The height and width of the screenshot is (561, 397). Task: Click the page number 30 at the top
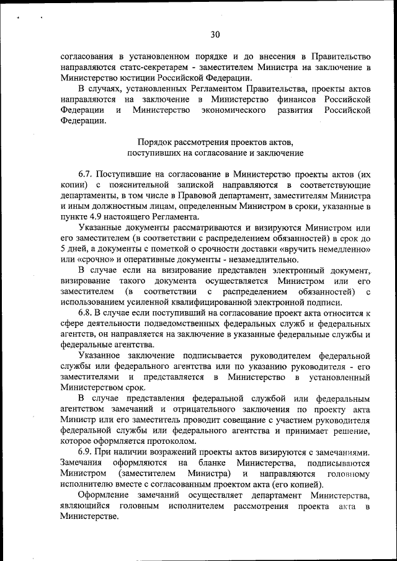pyautogui.click(x=215, y=34)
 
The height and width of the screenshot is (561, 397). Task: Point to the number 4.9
pyautogui.click(x=92, y=217)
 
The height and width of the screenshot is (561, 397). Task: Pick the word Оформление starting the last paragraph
pyautogui.click(x=104, y=495)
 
